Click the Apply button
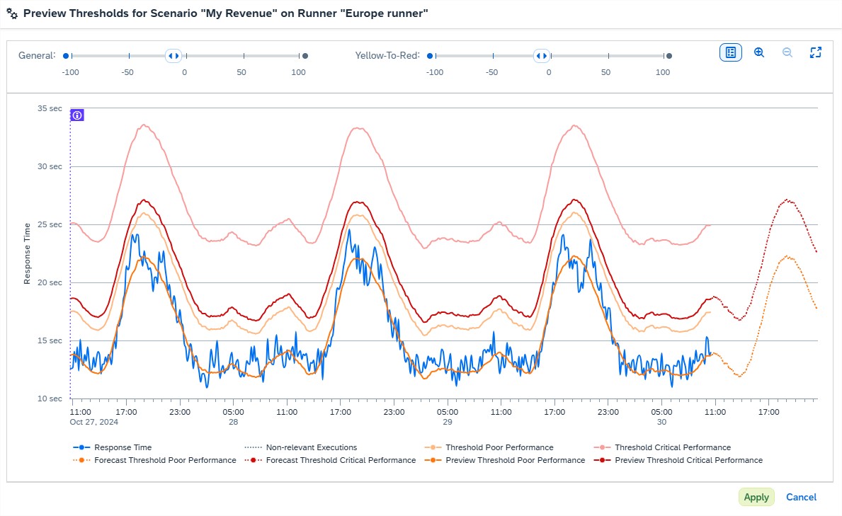tap(756, 497)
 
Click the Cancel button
tap(801, 497)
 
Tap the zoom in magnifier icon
tap(759, 52)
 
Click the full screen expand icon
tap(815, 52)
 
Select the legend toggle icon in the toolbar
tap(731, 52)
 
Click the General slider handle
tap(173, 56)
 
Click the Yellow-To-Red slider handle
tap(542, 56)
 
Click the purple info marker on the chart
tap(78, 115)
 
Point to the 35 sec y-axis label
tap(50, 108)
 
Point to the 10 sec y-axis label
tap(50, 399)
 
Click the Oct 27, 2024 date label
tap(93, 422)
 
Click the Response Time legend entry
tap(123, 447)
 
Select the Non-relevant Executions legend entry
tap(311, 447)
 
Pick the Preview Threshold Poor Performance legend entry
tap(515, 460)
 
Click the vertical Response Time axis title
tap(28, 253)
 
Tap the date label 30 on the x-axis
tap(661, 422)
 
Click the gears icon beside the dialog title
tap(12, 13)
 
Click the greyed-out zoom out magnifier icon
tap(787, 52)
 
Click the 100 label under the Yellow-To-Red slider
tap(663, 72)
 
